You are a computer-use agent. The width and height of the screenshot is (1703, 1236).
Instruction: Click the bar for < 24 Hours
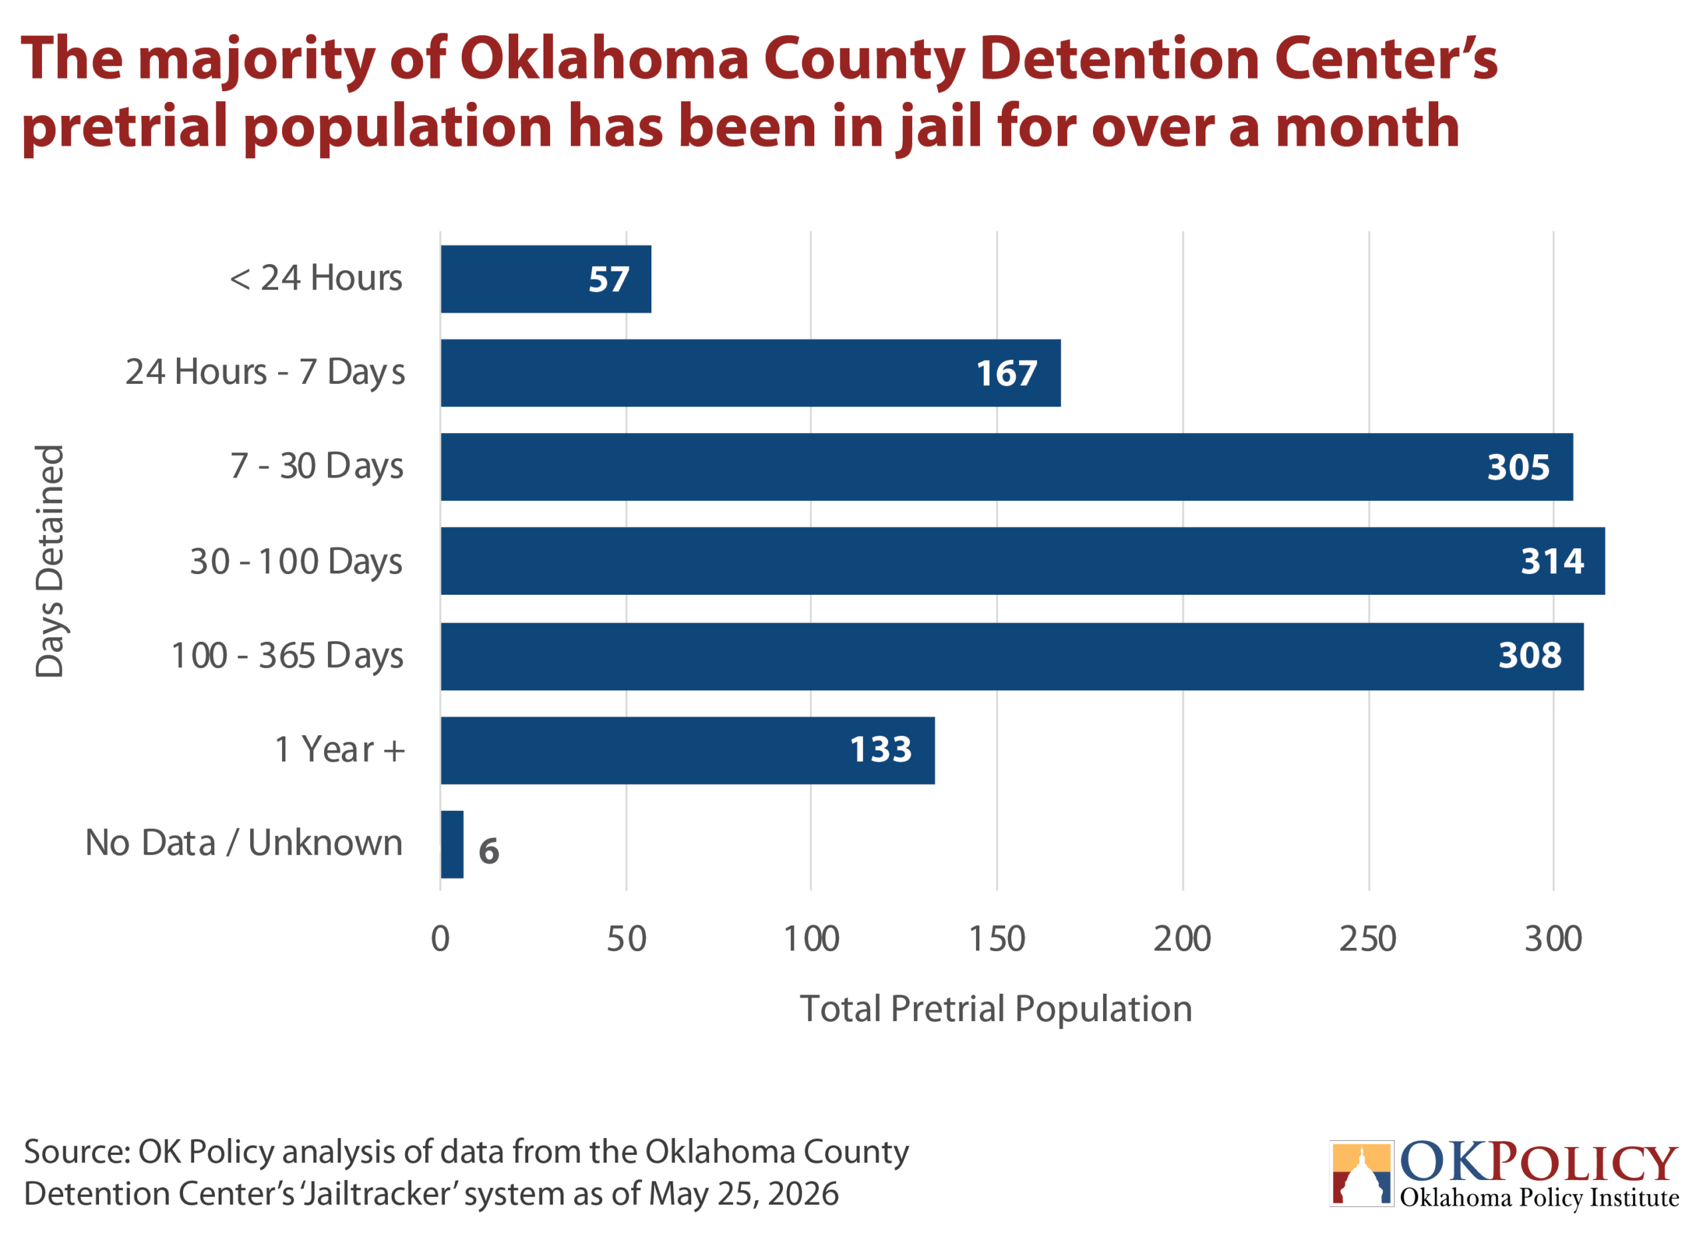[x=546, y=279]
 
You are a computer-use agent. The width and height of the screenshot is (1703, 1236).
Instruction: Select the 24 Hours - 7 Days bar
[x=751, y=373]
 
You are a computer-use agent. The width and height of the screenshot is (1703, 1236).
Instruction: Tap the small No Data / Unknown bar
[x=452, y=845]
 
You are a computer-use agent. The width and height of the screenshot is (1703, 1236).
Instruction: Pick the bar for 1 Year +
[x=688, y=751]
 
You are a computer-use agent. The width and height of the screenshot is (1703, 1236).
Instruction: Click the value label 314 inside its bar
[x=1553, y=561]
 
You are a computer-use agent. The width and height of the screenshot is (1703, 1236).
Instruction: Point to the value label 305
[x=1519, y=467]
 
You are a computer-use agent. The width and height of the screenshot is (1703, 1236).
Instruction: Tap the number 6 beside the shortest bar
[x=489, y=851]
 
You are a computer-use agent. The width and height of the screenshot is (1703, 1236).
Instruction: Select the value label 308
[x=1530, y=655]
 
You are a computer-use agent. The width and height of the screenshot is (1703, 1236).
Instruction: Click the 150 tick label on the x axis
[x=997, y=939]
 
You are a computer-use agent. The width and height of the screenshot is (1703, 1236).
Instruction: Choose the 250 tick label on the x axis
[x=1368, y=939]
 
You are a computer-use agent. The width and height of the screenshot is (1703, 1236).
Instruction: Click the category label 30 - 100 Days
[x=297, y=562]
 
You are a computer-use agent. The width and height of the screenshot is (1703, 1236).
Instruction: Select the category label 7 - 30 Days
[x=317, y=466]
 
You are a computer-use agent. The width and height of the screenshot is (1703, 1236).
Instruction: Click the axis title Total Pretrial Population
[x=997, y=1009]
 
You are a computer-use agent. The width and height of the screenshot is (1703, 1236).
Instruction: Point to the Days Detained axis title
[x=49, y=561]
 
